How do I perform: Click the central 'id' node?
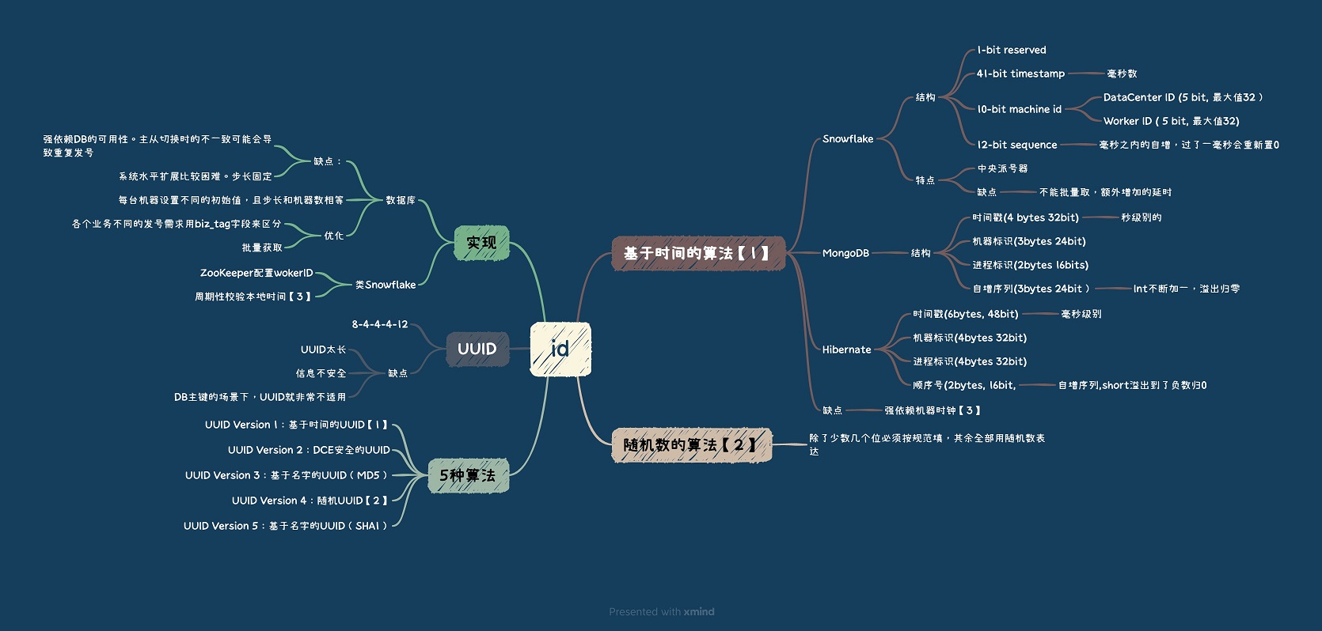click(560, 350)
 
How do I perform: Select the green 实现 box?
click(481, 243)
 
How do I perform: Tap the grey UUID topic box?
click(477, 350)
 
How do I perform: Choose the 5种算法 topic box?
click(468, 475)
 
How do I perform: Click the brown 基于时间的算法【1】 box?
click(698, 254)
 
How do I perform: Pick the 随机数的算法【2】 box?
click(692, 445)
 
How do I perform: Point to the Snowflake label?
click(848, 139)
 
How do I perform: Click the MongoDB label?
click(845, 254)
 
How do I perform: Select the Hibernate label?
click(846, 350)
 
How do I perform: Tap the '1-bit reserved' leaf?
click(1012, 50)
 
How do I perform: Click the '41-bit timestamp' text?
click(1020, 74)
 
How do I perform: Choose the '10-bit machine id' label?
click(1020, 109)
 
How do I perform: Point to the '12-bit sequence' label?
click(1017, 145)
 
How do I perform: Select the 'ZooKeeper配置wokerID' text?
click(256, 273)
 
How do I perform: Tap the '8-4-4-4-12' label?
click(379, 324)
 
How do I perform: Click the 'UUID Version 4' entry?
click(310, 501)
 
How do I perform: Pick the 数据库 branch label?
click(401, 201)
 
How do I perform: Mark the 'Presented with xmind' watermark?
click(662, 611)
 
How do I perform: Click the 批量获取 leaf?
click(262, 247)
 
